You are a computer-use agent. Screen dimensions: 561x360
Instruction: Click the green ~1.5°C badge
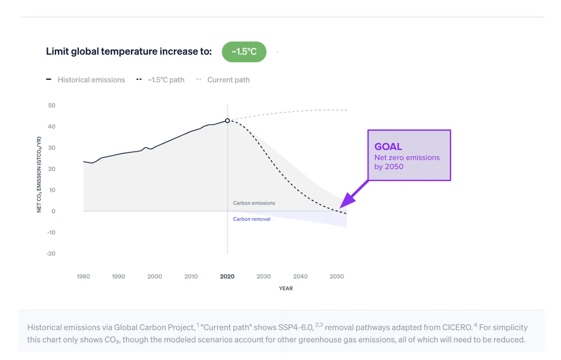[244, 52]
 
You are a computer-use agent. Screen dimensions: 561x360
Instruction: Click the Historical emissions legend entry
[85, 80]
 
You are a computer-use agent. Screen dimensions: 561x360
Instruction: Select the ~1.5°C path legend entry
[160, 80]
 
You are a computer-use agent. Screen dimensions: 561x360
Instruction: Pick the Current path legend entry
[223, 80]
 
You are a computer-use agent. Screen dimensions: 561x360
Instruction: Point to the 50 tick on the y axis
[52, 105]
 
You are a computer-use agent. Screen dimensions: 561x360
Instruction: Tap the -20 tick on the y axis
[51, 253]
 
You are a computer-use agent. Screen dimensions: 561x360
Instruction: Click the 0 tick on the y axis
[53, 211]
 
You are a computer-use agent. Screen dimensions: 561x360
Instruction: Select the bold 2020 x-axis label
[227, 276]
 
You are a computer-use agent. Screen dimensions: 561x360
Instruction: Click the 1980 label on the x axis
[83, 276]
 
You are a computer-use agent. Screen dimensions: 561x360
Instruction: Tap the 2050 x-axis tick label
[337, 276]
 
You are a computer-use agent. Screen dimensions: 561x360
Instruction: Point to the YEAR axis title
[286, 289]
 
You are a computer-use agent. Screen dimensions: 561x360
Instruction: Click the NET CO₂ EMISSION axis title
[39, 175]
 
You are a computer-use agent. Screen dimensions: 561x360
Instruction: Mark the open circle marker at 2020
[227, 121]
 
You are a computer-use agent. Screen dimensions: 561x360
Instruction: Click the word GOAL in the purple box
[388, 146]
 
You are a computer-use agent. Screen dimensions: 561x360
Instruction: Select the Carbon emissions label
[254, 203]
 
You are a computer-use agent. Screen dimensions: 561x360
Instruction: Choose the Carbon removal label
[252, 219]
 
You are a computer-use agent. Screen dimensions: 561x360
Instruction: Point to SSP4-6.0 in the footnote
[296, 327]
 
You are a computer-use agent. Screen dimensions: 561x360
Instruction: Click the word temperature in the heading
[128, 51]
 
